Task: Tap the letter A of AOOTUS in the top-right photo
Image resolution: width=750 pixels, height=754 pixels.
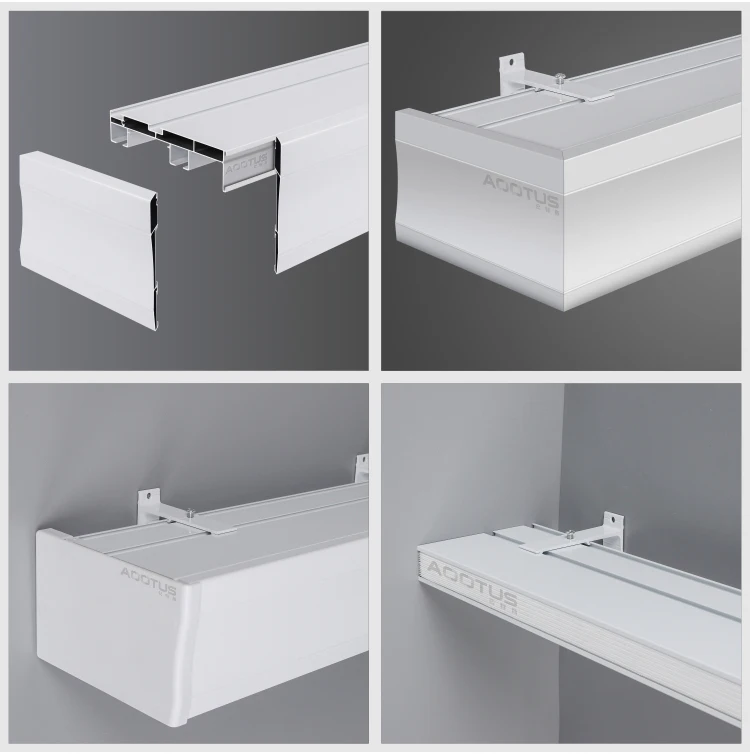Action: pyautogui.click(x=492, y=182)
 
